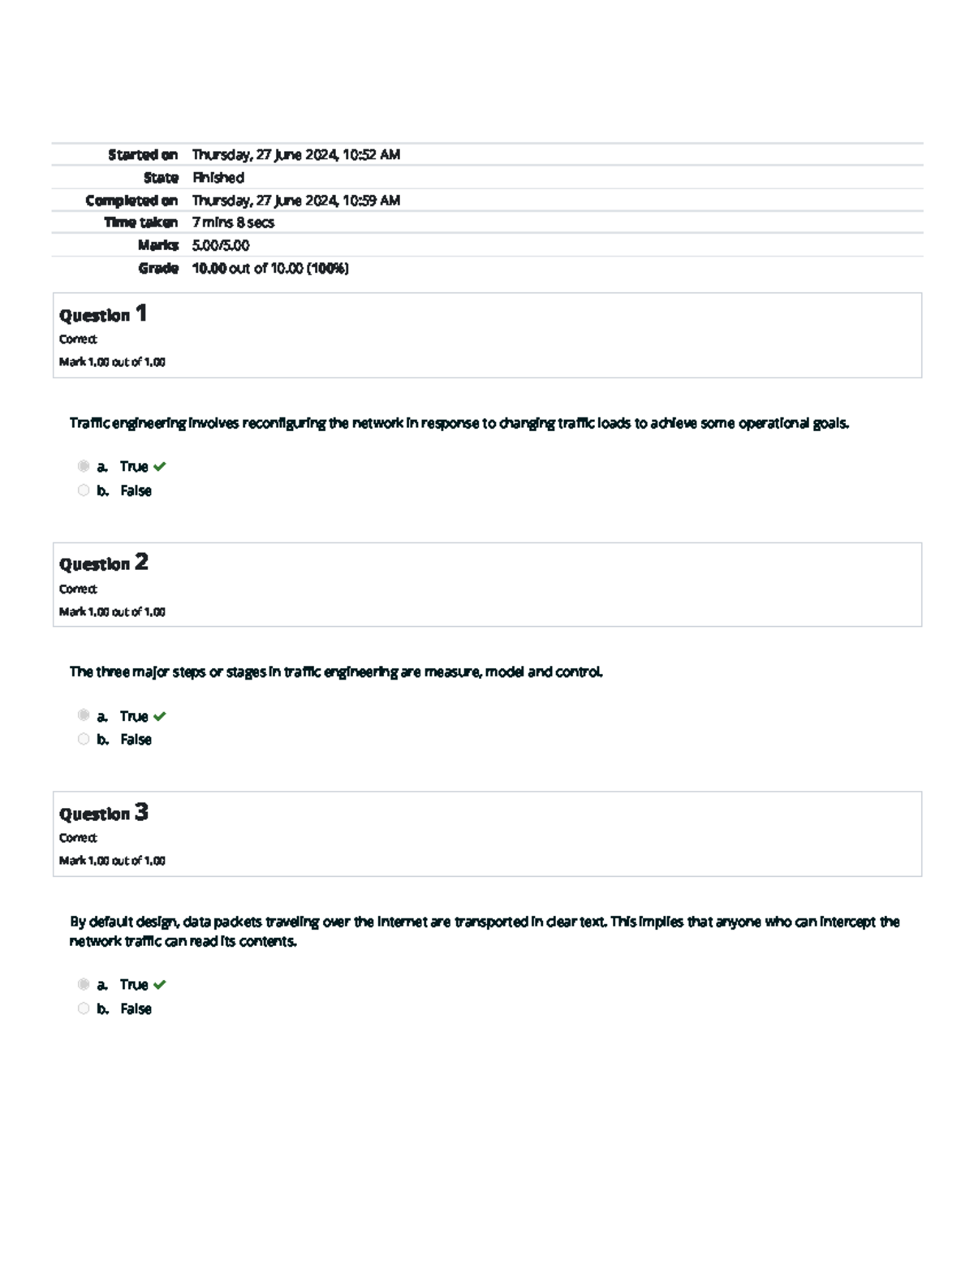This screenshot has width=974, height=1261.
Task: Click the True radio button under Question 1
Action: (84, 466)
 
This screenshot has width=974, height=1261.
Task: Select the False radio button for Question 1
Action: (84, 490)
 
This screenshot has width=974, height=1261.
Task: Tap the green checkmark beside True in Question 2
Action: (160, 716)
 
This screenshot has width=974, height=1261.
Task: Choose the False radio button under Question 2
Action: (84, 739)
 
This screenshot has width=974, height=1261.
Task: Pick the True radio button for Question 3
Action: (84, 984)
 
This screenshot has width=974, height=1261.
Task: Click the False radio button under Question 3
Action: (84, 1008)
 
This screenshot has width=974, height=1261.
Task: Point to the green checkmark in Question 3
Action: (160, 985)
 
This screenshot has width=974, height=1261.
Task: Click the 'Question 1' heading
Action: (102, 314)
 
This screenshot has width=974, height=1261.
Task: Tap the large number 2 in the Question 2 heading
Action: (141, 562)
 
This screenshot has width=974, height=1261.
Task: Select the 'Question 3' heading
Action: (103, 813)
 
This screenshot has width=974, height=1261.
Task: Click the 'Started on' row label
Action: (143, 154)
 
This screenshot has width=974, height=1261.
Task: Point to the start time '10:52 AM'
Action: (372, 154)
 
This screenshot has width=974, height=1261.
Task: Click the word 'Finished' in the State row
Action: (218, 177)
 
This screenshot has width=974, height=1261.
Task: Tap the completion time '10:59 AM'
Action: (372, 200)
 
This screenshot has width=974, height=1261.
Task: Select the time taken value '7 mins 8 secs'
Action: (233, 222)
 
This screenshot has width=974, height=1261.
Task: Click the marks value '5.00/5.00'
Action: (221, 245)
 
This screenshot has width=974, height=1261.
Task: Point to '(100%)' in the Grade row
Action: (328, 268)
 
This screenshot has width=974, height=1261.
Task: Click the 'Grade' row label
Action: (158, 268)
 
